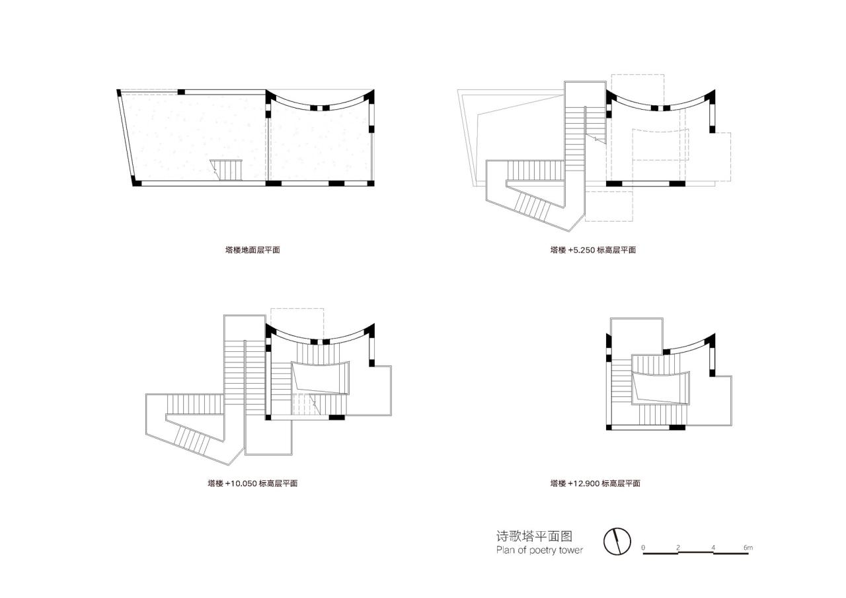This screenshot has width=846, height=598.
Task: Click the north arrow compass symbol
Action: [x=617, y=542]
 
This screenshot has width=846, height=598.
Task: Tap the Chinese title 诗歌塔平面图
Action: [x=533, y=535]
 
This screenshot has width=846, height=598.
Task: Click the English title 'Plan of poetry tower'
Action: [x=539, y=550]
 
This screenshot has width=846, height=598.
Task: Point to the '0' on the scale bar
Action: [x=643, y=547]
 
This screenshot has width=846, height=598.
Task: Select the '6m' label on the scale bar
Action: [x=748, y=547]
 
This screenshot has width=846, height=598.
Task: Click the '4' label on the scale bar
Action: [x=714, y=547]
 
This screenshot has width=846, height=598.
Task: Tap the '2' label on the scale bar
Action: [x=678, y=547]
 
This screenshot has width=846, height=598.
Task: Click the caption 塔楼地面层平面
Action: [x=252, y=250]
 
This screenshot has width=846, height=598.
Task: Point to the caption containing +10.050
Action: [x=252, y=484]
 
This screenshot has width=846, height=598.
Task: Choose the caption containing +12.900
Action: [x=595, y=484]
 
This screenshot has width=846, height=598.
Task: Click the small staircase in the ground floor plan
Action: [x=228, y=170]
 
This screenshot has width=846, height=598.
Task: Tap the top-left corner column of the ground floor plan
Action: [x=120, y=93]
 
